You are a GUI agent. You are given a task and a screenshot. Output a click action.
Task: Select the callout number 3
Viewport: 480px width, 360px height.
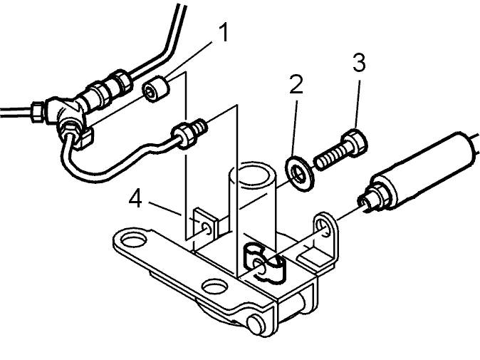[x=359, y=63]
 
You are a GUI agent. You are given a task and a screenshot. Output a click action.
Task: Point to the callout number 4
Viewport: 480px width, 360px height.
[x=135, y=199]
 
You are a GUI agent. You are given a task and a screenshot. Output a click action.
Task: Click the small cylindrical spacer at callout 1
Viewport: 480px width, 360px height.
[x=155, y=89]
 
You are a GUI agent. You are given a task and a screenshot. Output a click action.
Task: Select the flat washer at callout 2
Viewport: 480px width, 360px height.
[x=299, y=174]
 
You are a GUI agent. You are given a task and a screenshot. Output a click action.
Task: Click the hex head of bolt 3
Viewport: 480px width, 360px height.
[x=355, y=142]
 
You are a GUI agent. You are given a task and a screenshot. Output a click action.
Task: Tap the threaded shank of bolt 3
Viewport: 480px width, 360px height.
[x=330, y=159]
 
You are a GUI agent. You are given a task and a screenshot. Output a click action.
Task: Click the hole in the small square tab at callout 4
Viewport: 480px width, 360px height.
[x=207, y=228]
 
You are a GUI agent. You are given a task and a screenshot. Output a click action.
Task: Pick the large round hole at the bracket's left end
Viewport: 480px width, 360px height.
[x=132, y=240]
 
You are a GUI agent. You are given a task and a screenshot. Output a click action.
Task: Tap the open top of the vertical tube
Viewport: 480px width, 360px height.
[x=253, y=174]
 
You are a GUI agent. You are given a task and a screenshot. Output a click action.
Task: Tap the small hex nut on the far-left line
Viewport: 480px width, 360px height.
[x=37, y=111]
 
